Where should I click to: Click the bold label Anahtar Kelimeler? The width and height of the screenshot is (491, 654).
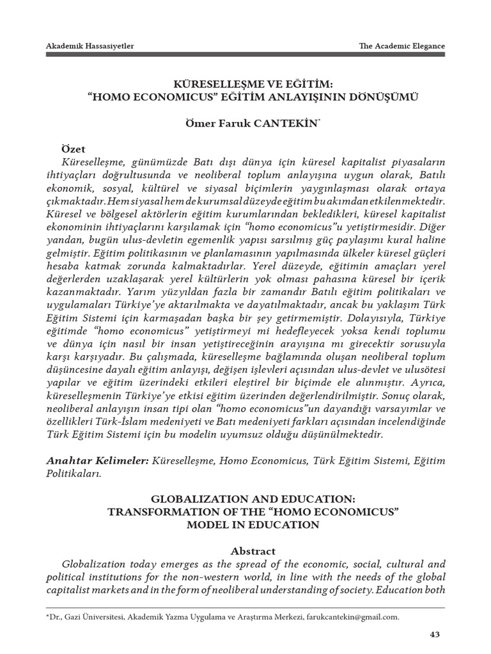98,460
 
